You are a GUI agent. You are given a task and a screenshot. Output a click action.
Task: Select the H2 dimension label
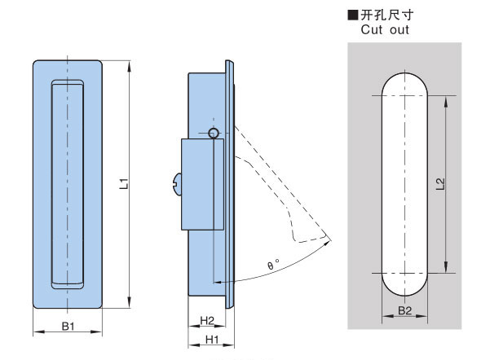pos(207,319)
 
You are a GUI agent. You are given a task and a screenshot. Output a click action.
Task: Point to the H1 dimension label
pos(210,338)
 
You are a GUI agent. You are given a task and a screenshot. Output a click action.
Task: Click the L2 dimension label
pos(439,185)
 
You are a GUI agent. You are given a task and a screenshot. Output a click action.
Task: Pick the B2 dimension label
pos(404,310)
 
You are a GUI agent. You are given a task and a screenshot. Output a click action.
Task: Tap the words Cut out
pos(384,30)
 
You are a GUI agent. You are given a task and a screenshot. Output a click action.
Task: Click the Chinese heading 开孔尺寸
pos(388,15)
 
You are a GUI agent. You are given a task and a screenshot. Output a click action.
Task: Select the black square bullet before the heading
pos(352,15)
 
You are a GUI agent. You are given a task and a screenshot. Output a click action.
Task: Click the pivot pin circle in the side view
pos(214,133)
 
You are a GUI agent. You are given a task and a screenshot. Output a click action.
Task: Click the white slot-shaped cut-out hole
pos(404,185)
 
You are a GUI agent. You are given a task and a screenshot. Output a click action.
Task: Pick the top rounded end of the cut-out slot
pos(404,81)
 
